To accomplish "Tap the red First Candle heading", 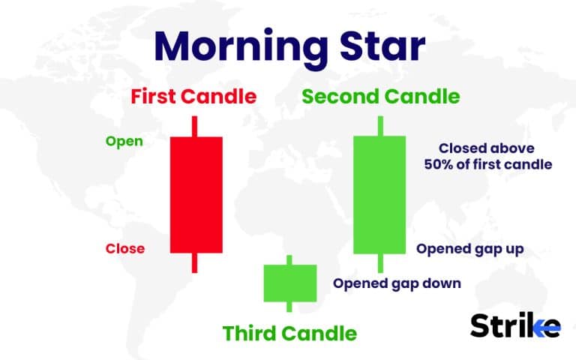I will click(x=193, y=97).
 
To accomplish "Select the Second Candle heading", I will click(x=380, y=97).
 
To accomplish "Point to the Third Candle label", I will click(x=289, y=332).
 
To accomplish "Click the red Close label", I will click(x=125, y=248).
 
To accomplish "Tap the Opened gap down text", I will click(x=397, y=283).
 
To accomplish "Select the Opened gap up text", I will click(x=470, y=249).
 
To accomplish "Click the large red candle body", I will click(x=196, y=194).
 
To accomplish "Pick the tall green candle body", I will click(x=380, y=194).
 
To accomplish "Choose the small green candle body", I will click(x=289, y=282).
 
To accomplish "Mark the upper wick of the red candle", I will click(x=196, y=126).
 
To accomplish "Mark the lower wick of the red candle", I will click(x=196, y=262).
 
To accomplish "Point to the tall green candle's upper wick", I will click(x=380, y=126).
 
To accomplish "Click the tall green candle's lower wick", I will click(x=380, y=262).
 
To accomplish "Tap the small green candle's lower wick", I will click(x=289, y=306).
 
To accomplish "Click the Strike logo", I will click(x=514, y=325).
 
